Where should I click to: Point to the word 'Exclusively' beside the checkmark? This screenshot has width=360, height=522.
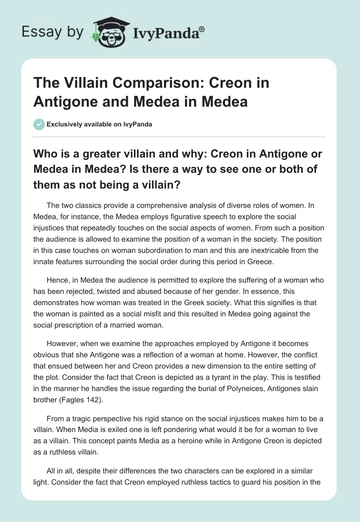pyautogui.click(x=64, y=124)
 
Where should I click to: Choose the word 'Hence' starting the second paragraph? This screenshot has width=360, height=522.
pyautogui.click(x=56, y=280)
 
